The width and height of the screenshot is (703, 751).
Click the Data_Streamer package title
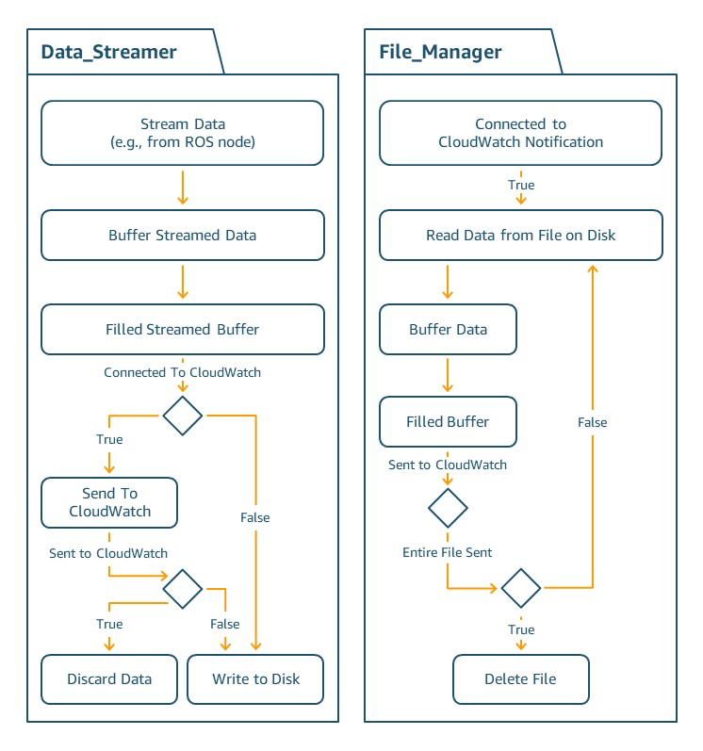point(108,52)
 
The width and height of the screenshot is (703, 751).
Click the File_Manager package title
point(440,52)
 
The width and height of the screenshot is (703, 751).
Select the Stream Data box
point(183,133)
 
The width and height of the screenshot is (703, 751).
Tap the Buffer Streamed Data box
point(183,235)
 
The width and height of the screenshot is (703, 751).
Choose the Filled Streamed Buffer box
point(183,329)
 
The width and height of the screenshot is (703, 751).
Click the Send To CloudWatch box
point(109,502)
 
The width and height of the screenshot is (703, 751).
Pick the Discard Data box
point(109,678)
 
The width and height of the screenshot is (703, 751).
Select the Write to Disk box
point(255,678)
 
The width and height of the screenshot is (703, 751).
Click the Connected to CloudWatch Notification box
point(521,133)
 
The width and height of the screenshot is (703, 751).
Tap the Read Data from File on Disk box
point(521,235)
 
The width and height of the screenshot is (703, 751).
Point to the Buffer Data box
point(448,329)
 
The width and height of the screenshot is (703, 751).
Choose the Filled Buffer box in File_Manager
point(448,422)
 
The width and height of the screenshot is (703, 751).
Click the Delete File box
point(520,678)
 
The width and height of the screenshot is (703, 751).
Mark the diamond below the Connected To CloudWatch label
point(183,415)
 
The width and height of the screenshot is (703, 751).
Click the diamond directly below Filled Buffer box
point(448,509)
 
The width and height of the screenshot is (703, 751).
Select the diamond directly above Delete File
point(520,589)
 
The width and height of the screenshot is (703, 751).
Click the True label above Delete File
point(520,629)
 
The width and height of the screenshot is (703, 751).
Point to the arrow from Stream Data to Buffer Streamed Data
point(183,188)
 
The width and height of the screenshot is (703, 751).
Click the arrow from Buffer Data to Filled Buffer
point(448,375)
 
